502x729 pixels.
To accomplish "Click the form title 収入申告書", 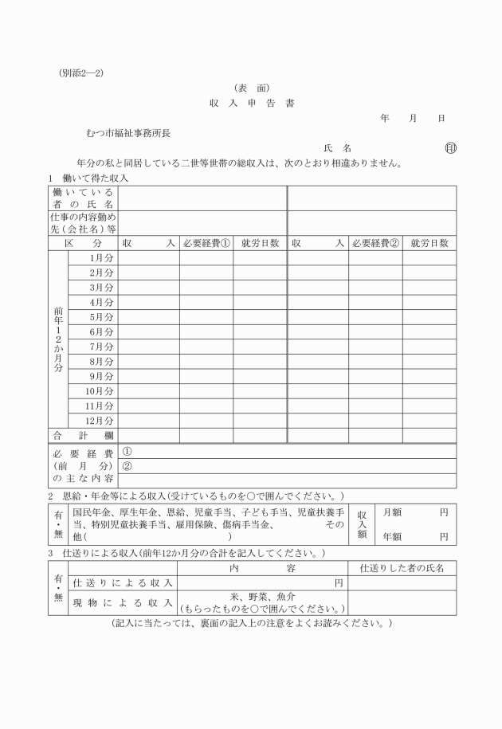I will coord(251,104).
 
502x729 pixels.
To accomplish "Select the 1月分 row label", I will coord(101,258).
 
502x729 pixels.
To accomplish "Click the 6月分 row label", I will coord(101,331).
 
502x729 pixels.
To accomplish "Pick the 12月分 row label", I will coord(100,420).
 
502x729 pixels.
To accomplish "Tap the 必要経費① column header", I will coord(206,243).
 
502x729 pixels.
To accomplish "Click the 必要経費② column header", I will coord(375,243).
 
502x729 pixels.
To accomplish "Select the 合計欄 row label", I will coord(83,436).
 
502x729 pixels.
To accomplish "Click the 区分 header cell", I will coord(83,243).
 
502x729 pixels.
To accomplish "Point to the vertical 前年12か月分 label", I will coord(58,339).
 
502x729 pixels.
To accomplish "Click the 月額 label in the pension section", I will coord(392,515).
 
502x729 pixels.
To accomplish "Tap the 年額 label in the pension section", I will coord(392,537).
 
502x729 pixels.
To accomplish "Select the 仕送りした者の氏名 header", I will coord(402,568).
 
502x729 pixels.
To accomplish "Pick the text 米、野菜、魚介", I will coord(262,597).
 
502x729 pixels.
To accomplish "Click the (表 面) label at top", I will coord(251,88).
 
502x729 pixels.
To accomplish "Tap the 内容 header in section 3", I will coord(262,568).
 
